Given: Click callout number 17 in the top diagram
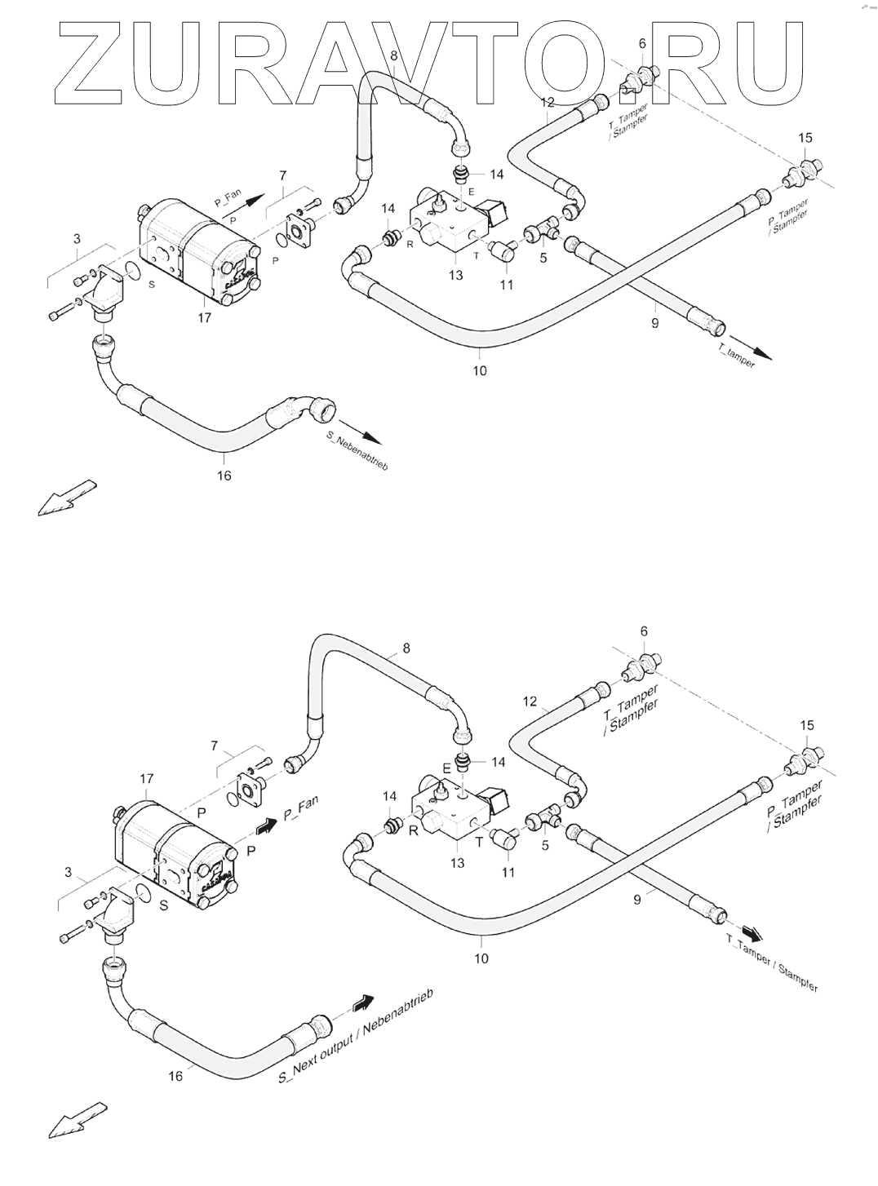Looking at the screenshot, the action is (204, 317).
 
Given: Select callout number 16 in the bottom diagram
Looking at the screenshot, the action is (175, 1076).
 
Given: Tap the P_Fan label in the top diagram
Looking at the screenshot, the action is (228, 199).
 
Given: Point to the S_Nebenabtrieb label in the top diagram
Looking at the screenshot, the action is (357, 451).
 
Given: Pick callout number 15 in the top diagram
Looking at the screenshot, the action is (805, 138).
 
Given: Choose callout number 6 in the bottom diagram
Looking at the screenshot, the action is (644, 631).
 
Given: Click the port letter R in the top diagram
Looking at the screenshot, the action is (410, 245).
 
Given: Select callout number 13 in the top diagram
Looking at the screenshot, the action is (456, 276).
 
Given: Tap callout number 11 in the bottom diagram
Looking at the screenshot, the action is (508, 873).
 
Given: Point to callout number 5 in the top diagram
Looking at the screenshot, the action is (543, 258).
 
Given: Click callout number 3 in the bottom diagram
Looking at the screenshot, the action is (68, 872).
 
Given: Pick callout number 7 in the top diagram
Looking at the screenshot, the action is (283, 175).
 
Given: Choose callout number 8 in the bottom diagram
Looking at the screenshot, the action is (406, 648).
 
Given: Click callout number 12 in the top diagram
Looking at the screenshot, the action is (548, 102).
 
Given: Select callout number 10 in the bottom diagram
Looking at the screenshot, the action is (481, 958).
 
